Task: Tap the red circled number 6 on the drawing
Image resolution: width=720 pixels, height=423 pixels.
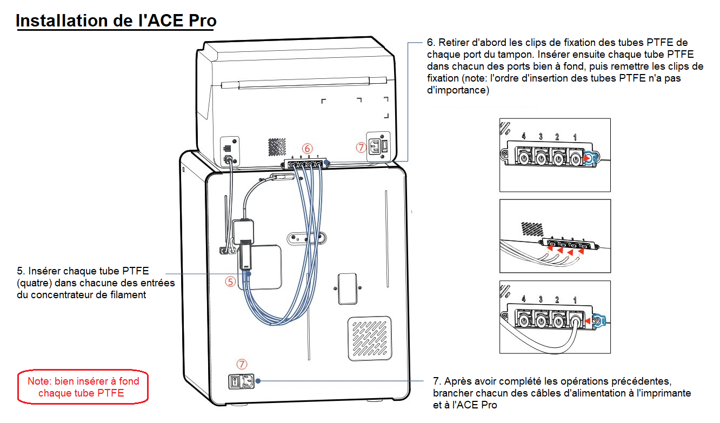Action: pos(307,148)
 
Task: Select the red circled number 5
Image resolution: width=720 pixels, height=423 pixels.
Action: pos(231,281)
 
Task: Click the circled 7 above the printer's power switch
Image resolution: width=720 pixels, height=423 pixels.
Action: pos(242,364)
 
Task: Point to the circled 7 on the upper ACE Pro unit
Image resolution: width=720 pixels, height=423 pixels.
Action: pos(361,147)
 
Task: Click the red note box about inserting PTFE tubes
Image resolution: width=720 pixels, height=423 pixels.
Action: pos(83,387)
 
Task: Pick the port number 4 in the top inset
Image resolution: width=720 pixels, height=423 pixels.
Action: pos(523,136)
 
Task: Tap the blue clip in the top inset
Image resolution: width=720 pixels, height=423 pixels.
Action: pos(592,158)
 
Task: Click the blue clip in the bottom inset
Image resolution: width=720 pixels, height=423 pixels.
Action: pos(599,321)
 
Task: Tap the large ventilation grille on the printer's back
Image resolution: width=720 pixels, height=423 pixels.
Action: pos(369,338)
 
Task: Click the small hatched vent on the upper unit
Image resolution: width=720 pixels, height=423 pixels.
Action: pos(277,146)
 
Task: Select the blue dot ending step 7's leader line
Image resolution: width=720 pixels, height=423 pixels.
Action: pos(258,381)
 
